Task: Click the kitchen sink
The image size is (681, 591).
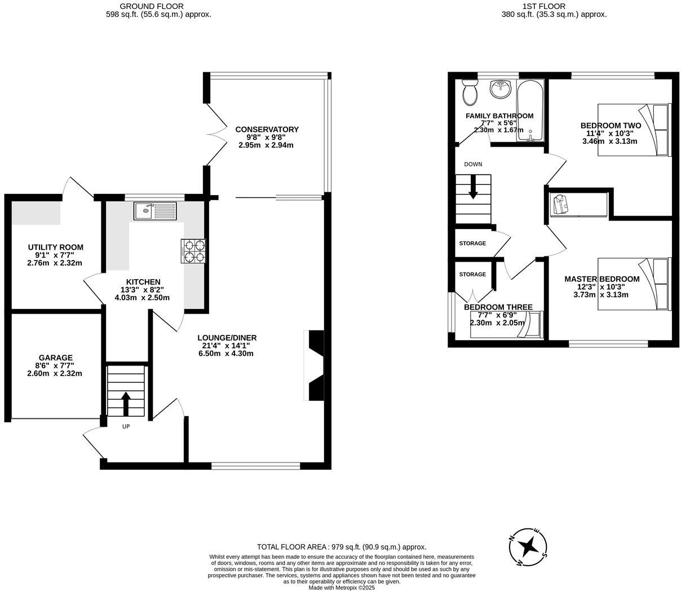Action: click(155, 211)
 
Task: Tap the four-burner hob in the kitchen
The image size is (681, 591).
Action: click(193, 251)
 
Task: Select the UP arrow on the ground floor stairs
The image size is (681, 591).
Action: click(126, 403)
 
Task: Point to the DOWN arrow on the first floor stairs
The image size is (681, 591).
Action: click(473, 187)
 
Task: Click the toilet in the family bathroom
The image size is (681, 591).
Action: click(469, 92)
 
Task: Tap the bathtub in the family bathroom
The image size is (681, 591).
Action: click(530, 110)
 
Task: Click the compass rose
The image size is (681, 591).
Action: click(528, 546)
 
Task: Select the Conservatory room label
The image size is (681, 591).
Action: click(267, 129)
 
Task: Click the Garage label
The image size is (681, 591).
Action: click(55, 358)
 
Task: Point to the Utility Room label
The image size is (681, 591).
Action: click(55, 247)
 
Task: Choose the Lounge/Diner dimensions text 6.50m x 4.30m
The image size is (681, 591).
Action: click(226, 354)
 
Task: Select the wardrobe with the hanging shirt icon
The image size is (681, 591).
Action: click(578, 204)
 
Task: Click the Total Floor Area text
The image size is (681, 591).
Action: click(341, 546)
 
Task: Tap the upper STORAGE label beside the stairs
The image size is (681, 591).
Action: click(472, 243)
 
